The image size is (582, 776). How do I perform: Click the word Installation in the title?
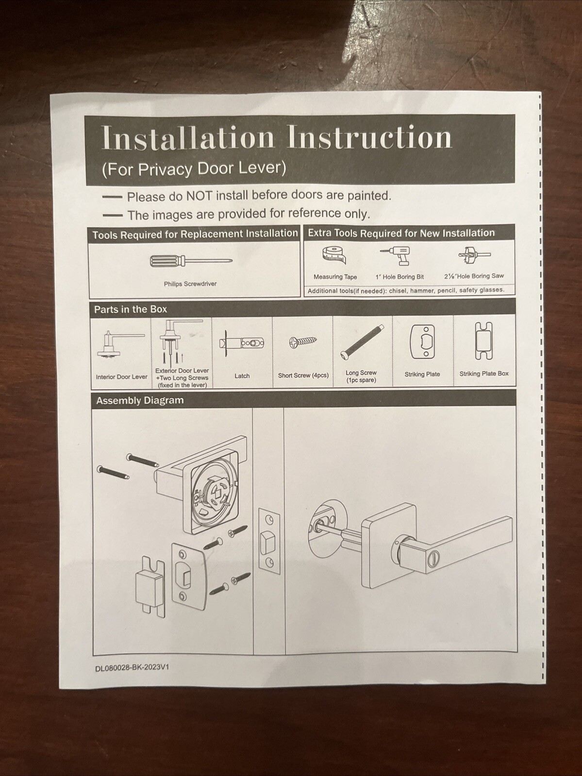pos(188,137)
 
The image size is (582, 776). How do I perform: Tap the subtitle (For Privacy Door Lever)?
pos(194,168)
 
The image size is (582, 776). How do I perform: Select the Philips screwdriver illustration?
pos(191,261)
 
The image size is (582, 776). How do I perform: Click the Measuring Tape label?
pos(335,277)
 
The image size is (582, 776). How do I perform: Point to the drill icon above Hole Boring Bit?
pos(397,255)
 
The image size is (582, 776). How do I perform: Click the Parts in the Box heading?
pos(131,309)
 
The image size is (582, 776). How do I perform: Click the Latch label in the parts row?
pos(242,376)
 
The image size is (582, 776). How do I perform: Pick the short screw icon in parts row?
pos(303,342)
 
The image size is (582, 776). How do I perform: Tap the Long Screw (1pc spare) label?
pos(361,377)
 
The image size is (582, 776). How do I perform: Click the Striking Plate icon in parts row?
pos(422,342)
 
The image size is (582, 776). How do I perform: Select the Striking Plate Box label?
pos(483,374)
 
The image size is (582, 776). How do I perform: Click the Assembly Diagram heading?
pos(140,400)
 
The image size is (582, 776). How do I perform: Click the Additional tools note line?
pos(406,291)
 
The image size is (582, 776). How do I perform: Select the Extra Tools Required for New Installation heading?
pos(401,233)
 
